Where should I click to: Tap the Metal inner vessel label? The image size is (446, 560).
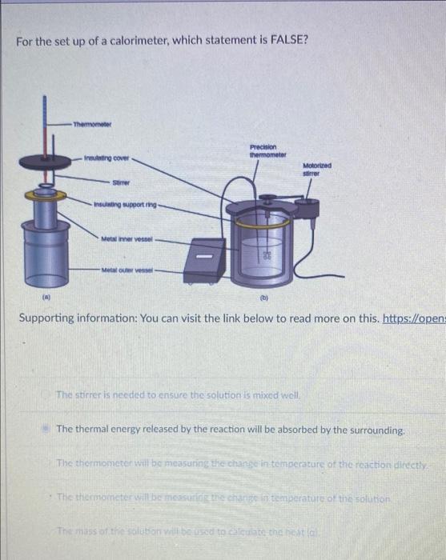127,238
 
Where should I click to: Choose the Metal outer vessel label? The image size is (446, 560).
127,270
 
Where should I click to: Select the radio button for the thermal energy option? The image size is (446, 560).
46,430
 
